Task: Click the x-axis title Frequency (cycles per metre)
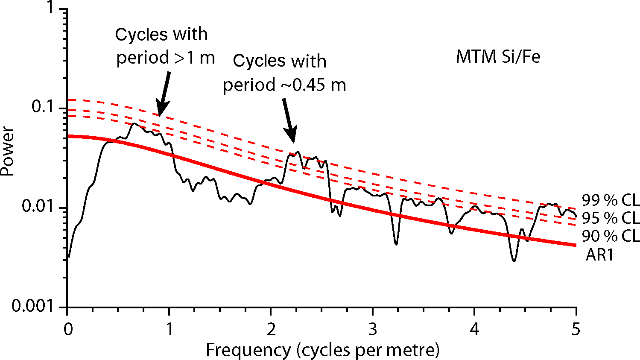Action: pyautogui.click(x=322, y=350)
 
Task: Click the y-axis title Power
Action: pyautogui.click(x=7, y=152)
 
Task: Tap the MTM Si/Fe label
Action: pyautogui.click(x=498, y=57)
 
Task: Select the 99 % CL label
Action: pyautogui.click(x=611, y=200)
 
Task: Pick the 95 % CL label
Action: pyautogui.click(x=611, y=218)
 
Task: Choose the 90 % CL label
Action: pyautogui.click(x=611, y=236)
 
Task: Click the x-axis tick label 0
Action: pyautogui.click(x=68, y=329)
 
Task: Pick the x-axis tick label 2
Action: pyautogui.click(x=271, y=329)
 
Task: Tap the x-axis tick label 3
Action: pyautogui.click(x=373, y=329)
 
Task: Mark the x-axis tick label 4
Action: pyautogui.click(x=474, y=329)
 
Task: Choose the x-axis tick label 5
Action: pyautogui.click(x=576, y=329)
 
